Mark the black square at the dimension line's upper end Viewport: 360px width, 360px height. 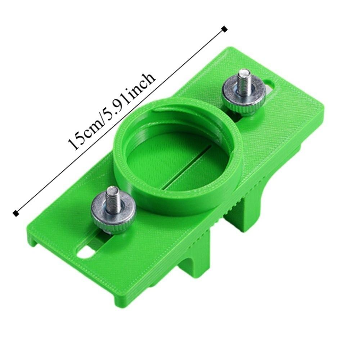(x=225, y=29)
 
